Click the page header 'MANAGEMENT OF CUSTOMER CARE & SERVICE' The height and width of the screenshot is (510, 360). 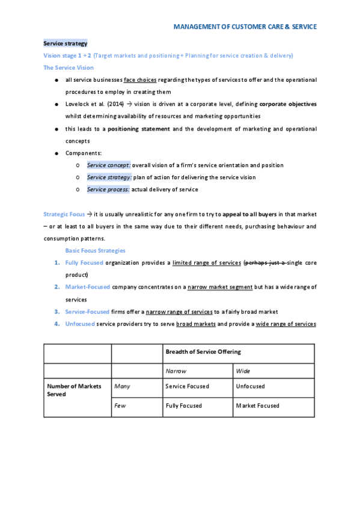click(x=245, y=26)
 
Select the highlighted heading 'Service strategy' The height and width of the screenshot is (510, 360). click(x=66, y=43)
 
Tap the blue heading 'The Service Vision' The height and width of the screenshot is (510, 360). click(x=69, y=67)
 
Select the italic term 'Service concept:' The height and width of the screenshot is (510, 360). click(x=108, y=165)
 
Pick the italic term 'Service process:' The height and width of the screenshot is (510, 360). click(x=108, y=189)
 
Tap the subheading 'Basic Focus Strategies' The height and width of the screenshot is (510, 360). click(x=95, y=250)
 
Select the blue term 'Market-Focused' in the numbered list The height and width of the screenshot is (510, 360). click(x=87, y=287)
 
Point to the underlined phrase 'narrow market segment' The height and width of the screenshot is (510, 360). click(x=220, y=287)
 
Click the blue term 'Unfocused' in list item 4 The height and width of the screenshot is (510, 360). click(x=80, y=324)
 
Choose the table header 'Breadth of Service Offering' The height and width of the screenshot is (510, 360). click(x=203, y=352)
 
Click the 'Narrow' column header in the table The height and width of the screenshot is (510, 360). click(x=175, y=371)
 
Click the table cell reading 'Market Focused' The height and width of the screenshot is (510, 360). click(x=257, y=406)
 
